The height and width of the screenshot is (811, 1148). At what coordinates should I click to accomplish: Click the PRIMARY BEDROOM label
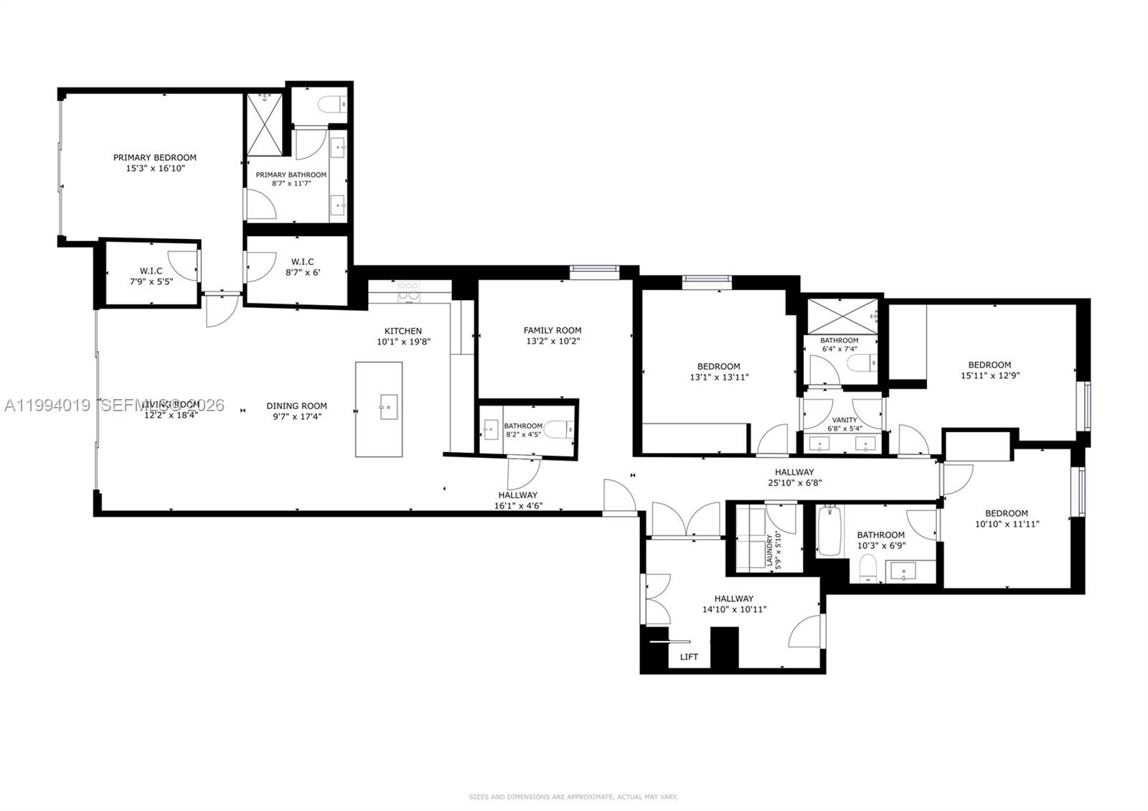[x=154, y=157]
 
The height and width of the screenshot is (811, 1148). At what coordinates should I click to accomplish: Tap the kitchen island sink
[x=388, y=407]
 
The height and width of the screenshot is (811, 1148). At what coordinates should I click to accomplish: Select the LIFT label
[x=689, y=657]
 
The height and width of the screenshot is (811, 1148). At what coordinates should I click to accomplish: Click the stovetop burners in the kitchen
[x=408, y=290]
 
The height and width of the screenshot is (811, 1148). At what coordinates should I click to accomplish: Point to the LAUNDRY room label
[x=769, y=550]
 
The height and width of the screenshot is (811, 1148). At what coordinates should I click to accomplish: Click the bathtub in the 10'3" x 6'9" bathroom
[x=829, y=531]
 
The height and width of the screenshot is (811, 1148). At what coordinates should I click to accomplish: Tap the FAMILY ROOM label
[x=552, y=330]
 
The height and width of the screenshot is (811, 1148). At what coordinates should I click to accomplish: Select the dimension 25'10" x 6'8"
[x=794, y=483]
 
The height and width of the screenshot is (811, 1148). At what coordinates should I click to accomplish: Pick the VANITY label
[x=844, y=420]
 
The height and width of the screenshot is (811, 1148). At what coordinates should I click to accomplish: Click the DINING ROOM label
[x=296, y=405]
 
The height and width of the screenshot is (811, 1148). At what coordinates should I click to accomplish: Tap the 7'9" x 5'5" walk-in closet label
[x=151, y=271]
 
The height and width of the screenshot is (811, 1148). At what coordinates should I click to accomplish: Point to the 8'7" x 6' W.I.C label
[x=302, y=262]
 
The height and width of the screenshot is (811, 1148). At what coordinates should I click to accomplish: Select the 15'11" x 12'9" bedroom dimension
[x=989, y=375]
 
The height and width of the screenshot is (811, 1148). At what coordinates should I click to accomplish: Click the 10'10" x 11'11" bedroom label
[x=1006, y=513]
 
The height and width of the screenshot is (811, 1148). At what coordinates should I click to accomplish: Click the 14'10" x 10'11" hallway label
[x=733, y=599]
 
